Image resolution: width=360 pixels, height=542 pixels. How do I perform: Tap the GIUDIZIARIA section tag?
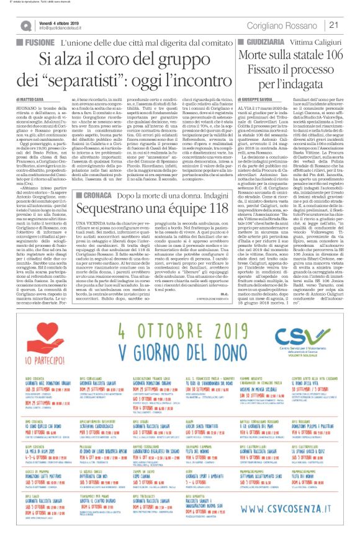tap(268, 41)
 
